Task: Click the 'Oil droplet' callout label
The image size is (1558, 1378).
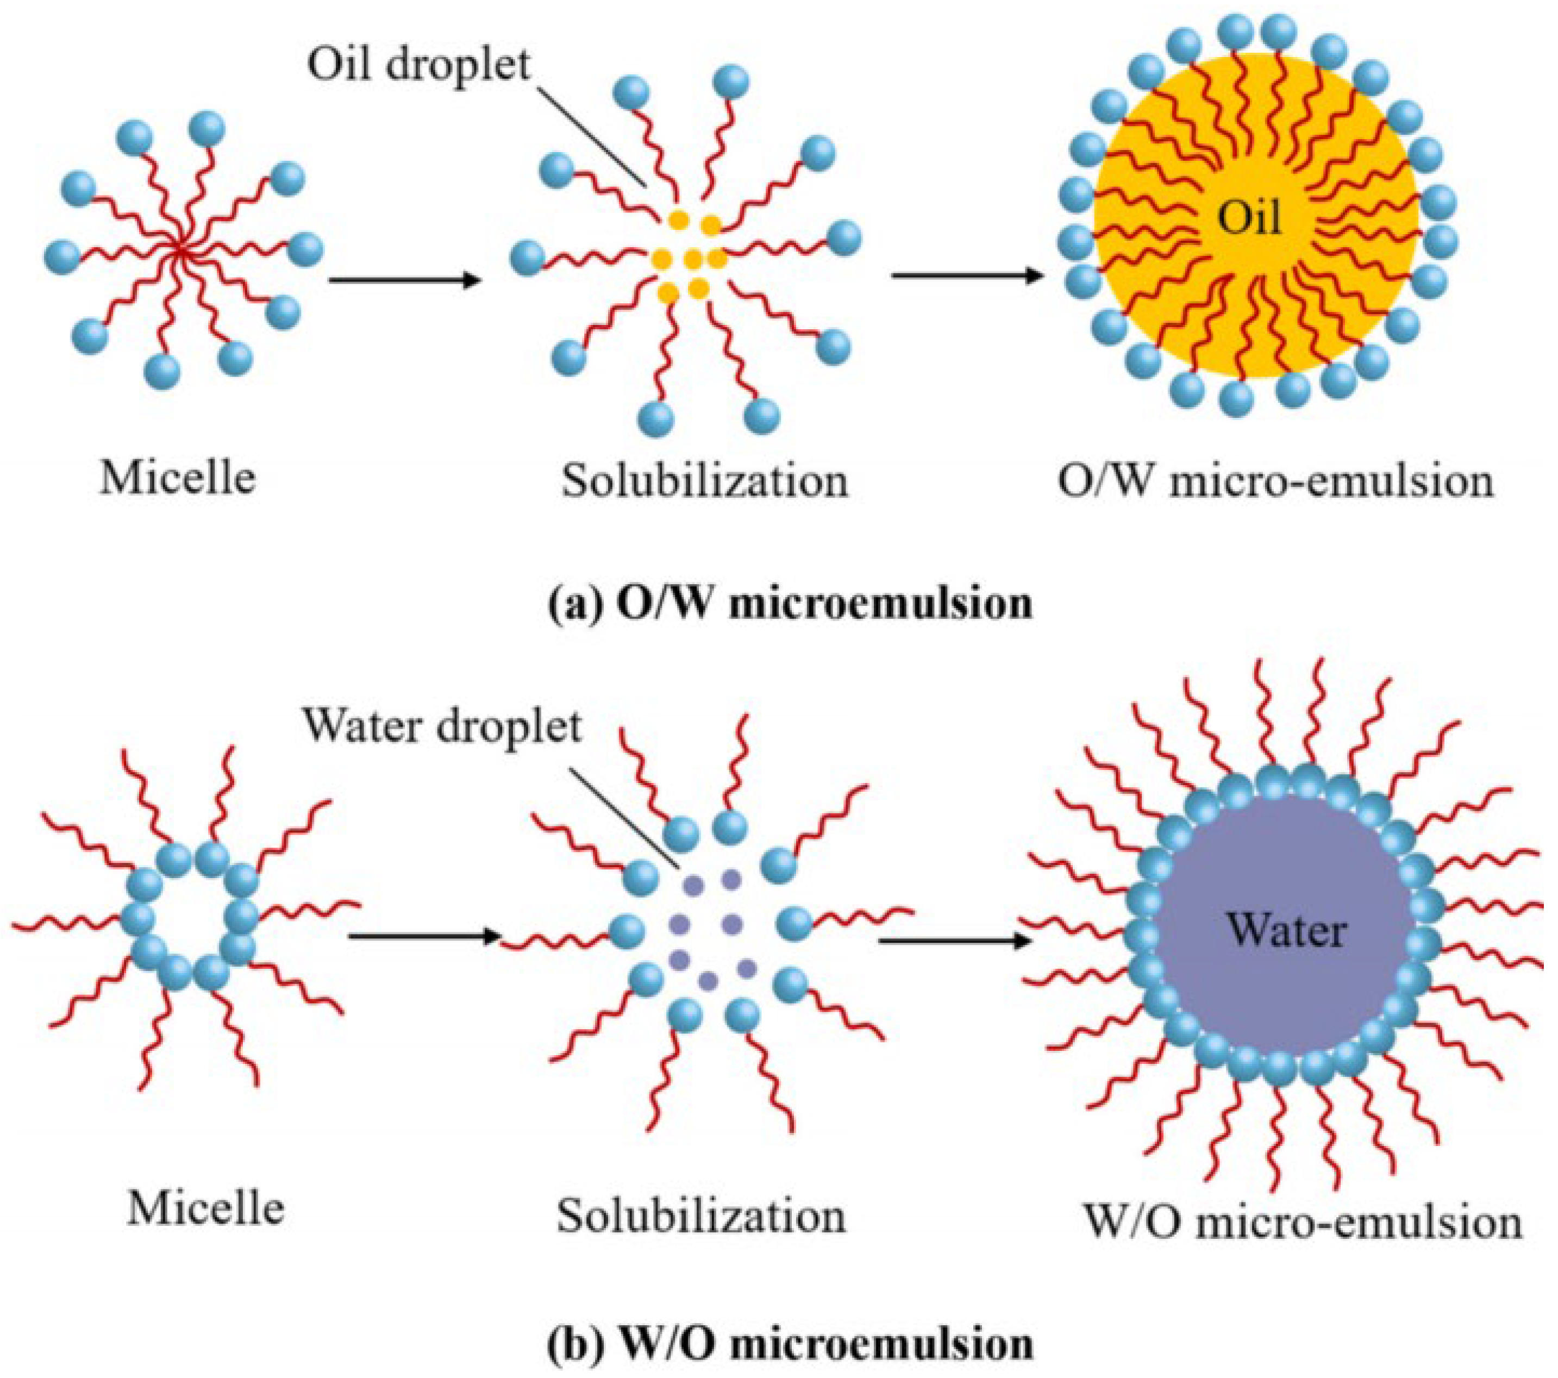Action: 418,64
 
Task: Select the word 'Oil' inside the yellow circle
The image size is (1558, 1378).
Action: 1249,220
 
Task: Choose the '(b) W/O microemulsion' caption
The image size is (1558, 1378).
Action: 791,1343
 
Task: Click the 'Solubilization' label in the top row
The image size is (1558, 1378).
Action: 705,481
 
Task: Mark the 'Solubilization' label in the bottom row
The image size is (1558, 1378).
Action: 701,1215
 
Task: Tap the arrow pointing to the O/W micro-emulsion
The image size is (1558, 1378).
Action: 967,274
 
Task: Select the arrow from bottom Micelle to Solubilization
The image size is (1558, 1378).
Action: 424,935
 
